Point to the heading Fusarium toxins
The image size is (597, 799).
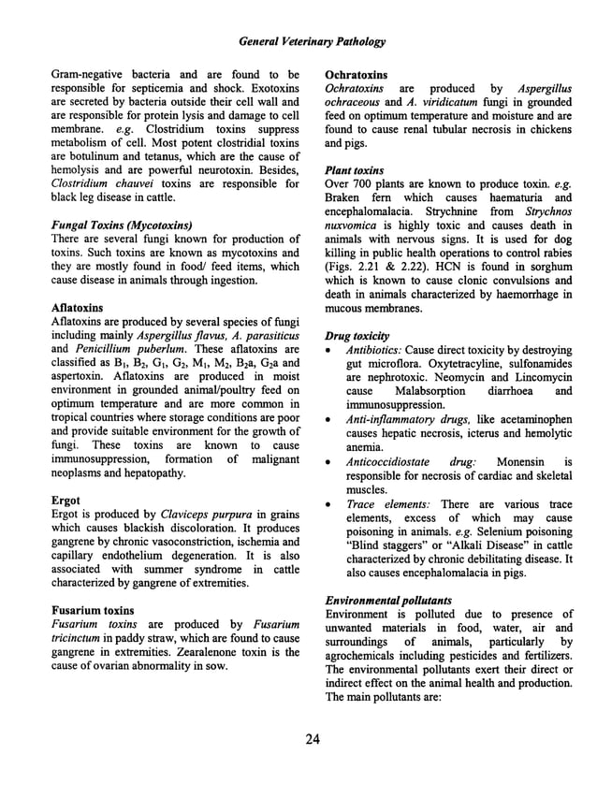(x=91, y=610)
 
